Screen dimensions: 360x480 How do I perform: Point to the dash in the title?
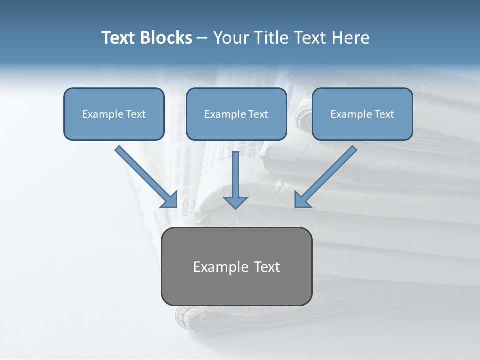pos(202,38)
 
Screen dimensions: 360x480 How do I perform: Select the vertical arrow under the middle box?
pos(235,175)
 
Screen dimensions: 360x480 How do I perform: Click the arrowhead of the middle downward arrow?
pos(235,202)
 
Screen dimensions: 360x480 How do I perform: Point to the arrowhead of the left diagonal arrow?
pos(170,200)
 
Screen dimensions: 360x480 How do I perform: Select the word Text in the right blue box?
pos(384,114)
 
